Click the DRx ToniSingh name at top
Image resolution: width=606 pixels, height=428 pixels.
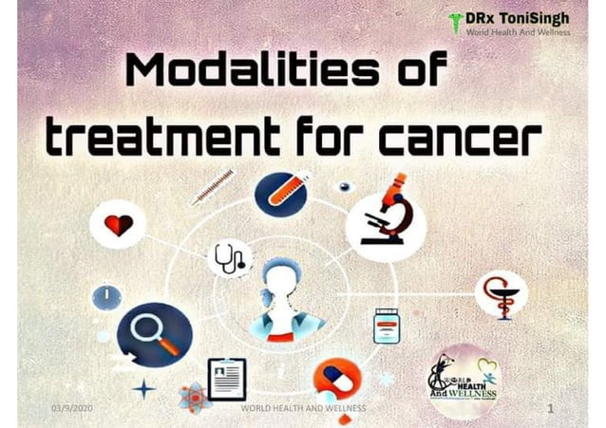(x=521, y=17)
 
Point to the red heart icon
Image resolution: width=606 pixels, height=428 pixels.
(x=118, y=226)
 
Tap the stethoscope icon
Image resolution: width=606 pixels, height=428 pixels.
(x=229, y=257)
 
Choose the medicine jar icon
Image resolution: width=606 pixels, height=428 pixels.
(x=385, y=326)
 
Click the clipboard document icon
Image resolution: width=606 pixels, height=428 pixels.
(x=227, y=379)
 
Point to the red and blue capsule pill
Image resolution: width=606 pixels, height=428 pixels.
(x=337, y=378)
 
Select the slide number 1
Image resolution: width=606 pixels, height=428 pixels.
(x=550, y=407)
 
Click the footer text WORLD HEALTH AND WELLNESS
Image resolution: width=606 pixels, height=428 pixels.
(x=303, y=407)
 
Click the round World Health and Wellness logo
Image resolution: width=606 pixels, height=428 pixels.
(x=463, y=379)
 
